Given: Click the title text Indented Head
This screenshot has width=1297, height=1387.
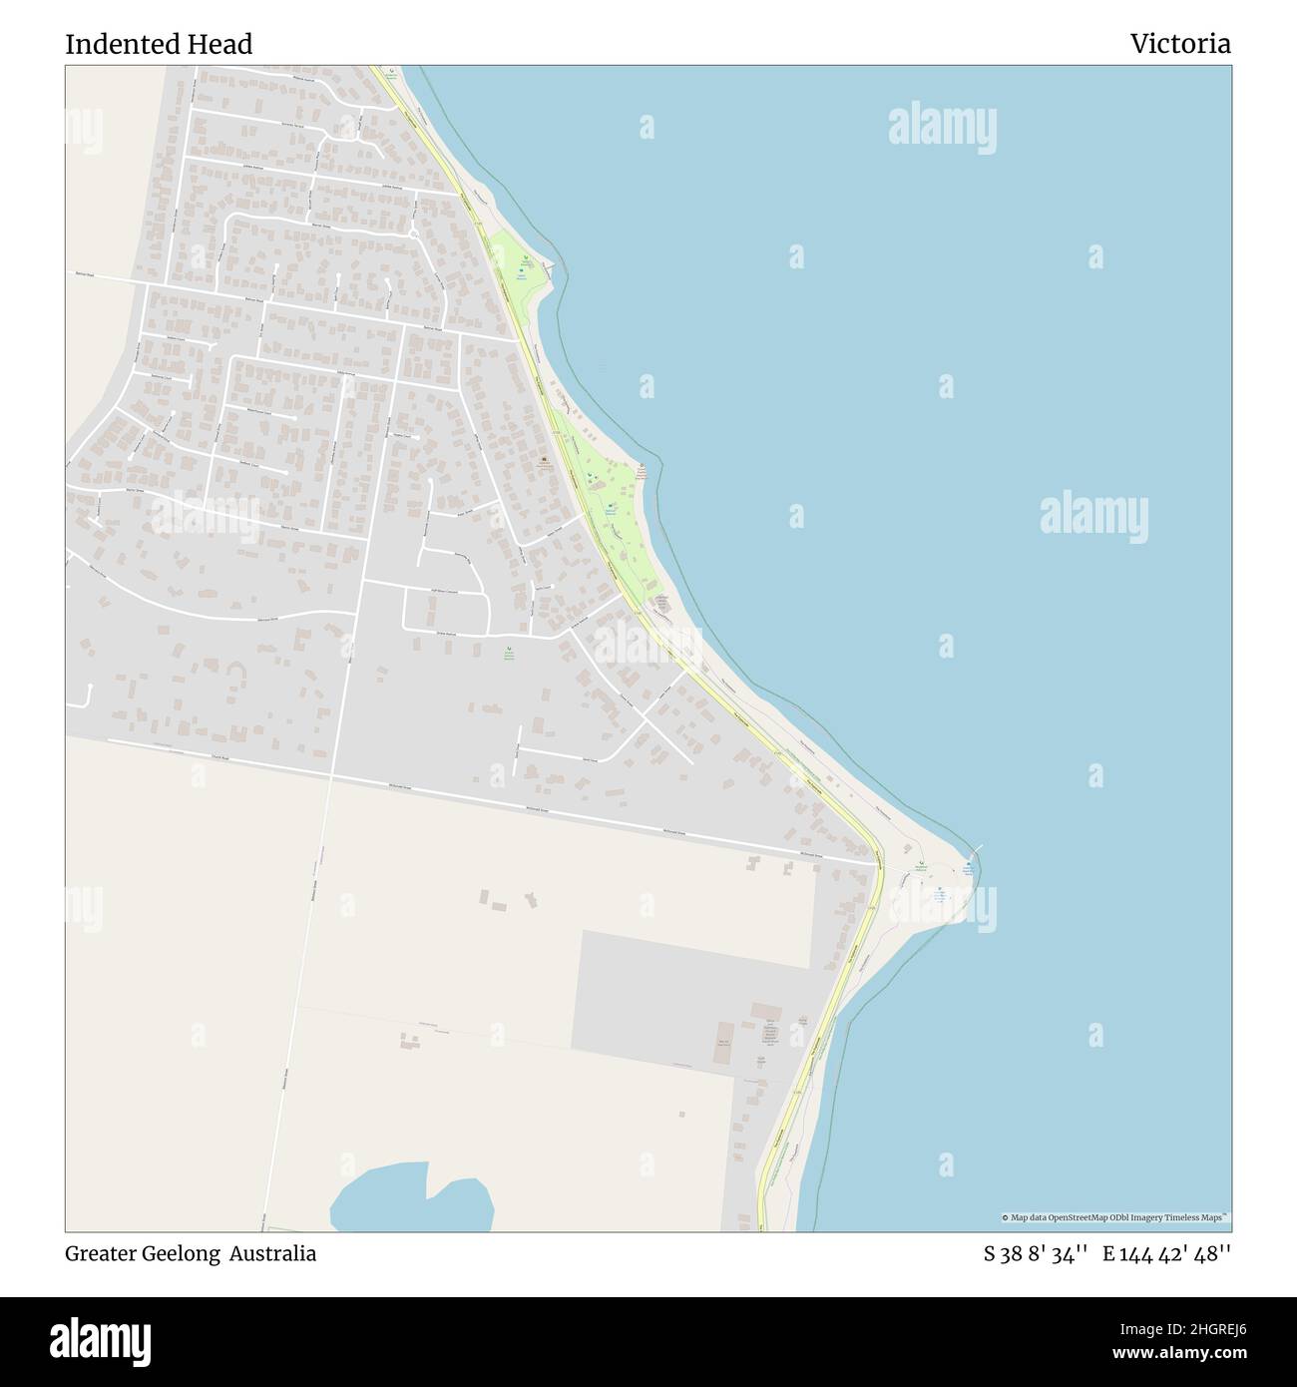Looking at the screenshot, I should (159, 45).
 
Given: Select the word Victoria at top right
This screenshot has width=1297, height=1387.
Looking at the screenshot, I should (1180, 45).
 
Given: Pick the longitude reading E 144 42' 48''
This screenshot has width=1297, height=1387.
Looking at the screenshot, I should (1166, 1254).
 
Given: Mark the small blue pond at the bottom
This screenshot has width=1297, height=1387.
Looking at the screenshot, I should (409, 1202).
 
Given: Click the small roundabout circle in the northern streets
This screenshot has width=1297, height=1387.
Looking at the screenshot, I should (413, 234).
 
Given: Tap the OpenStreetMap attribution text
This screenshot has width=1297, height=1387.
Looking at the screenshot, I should (1115, 1217).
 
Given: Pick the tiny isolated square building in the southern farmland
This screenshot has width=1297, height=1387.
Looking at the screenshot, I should (681, 1114).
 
